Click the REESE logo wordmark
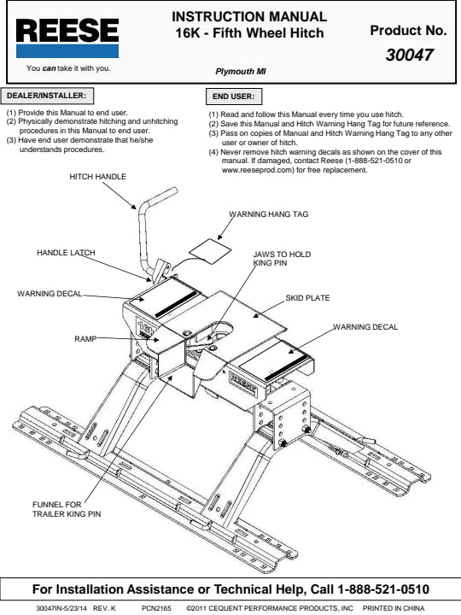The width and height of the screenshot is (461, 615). pyautogui.click(x=67, y=31)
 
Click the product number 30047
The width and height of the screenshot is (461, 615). pyautogui.click(x=409, y=55)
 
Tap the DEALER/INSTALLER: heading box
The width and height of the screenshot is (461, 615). pyautogui.click(x=48, y=96)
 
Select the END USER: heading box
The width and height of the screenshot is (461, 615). pyautogui.click(x=234, y=97)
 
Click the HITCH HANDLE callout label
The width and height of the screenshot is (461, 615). pyautogui.click(x=97, y=177)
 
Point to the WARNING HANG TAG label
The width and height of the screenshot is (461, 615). pyautogui.click(x=269, y=214)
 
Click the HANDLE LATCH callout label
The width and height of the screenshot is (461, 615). pyautogui.click(x=66, y=253)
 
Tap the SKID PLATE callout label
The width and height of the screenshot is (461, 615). pyautogui.click(x=307, y=298)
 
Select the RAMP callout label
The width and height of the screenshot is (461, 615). pyautogui.click(x=85, y=338)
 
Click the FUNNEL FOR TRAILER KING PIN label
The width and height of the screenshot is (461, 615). pyautogui.click(x=67, y=509)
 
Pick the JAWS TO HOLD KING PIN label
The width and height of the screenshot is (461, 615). pyautogui.click(x=282, y=259)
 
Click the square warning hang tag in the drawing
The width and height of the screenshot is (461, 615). pyautogui.click(x=210, y=251)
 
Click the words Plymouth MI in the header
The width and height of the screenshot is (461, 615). pyautogui.click(x=241, y=72)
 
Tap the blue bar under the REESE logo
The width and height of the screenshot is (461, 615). pyautogui.click(x=67, y=51)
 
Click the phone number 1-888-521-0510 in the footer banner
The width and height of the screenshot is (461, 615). pyautogui.click(x=383, y=589)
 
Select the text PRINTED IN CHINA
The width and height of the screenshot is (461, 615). pyautogui.click(x=394, y=608)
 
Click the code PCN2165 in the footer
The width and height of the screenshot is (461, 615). pyautogui.click(x=156, y=608)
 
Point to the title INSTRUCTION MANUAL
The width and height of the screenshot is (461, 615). pyautogui.click(x=249, y=16)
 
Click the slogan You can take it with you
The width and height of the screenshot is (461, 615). pyautogui.click(x=68, y=68)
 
